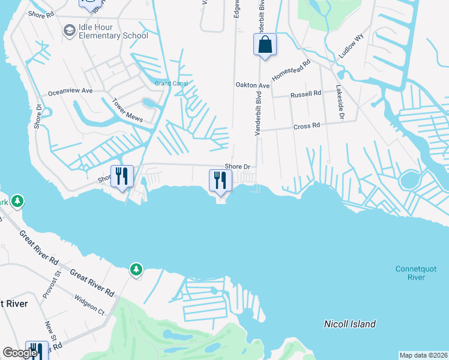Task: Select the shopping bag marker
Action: coord(265,44)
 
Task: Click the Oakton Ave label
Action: coord(253,85)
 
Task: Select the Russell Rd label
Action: coord(306,95)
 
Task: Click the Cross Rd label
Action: coord(307,126)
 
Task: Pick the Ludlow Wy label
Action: coord(351,46)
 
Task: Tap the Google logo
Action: coord(20,353)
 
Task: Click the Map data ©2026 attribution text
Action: coord(424,355)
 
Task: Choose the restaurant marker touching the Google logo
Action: coord(38,350)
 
